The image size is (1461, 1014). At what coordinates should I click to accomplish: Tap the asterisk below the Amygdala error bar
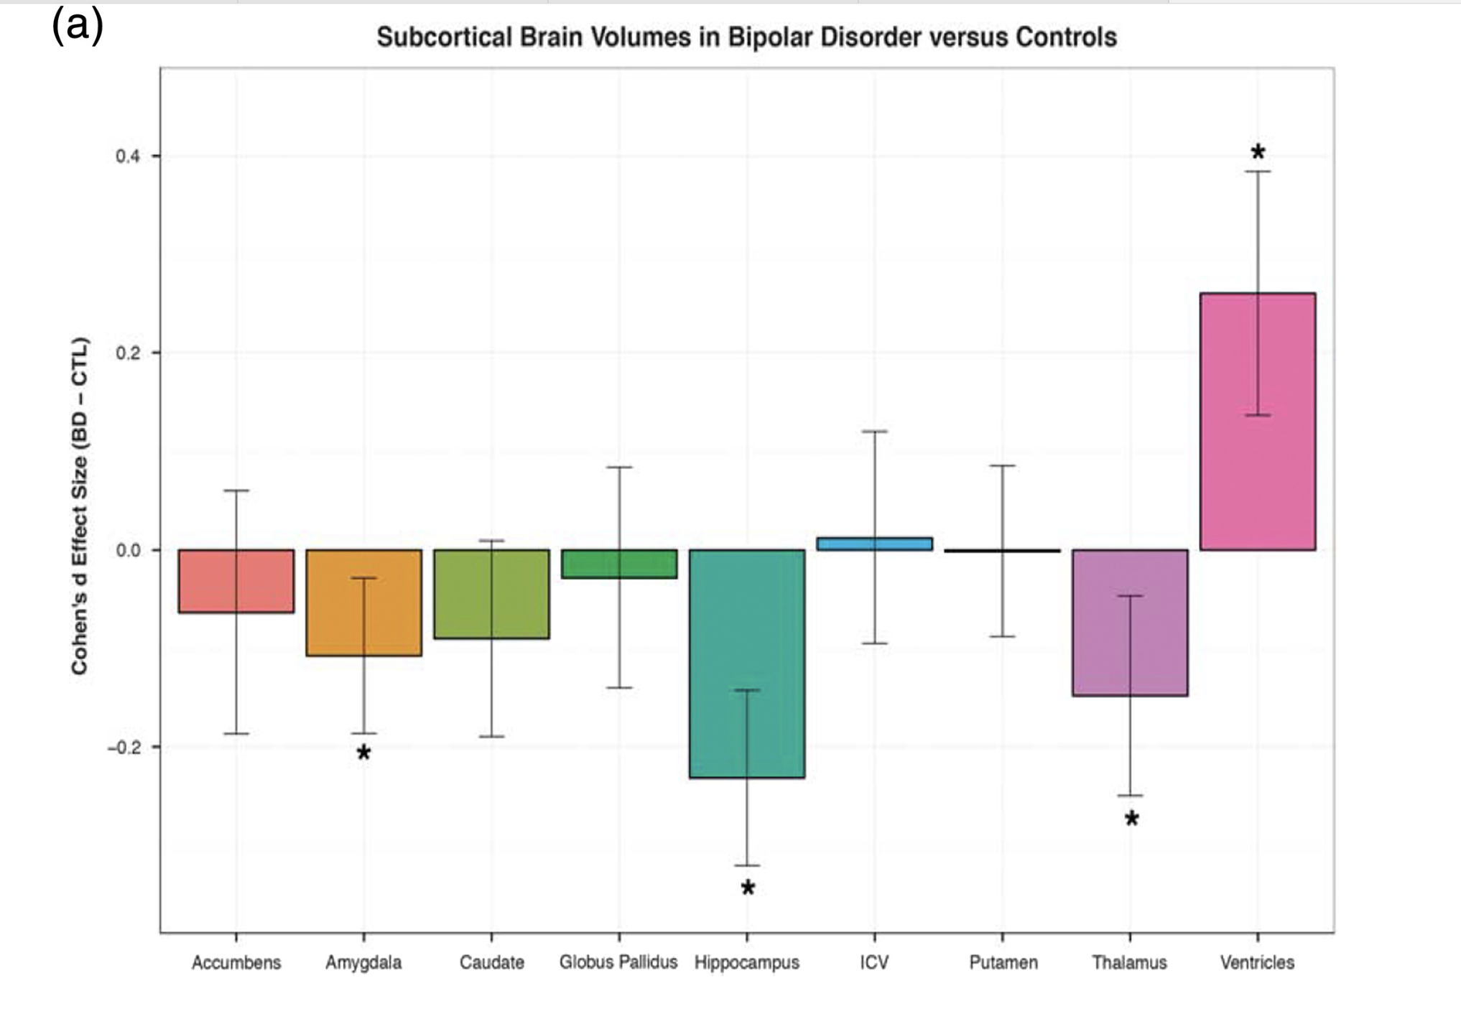click(363, 753)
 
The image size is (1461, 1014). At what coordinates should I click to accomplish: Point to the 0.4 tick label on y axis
click(127, 156)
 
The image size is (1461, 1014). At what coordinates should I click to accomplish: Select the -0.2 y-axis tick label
click(124, 747)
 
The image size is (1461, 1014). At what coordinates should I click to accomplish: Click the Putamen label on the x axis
click(1003, 962)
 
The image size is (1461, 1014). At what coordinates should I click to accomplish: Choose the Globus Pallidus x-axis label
click(618, 962)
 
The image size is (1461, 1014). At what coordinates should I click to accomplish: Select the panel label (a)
click(78, 26)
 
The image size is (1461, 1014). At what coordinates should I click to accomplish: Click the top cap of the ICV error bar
click(874, 432)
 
